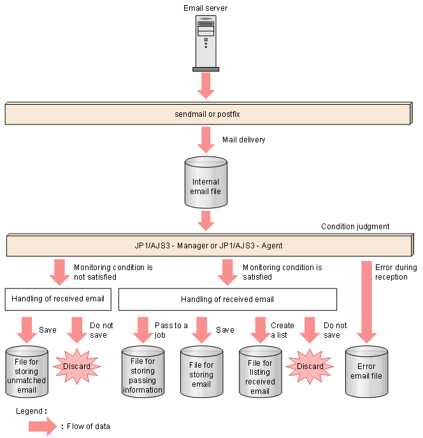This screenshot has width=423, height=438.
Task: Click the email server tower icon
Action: point(206,43)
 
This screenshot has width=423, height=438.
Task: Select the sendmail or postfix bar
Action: point(208,114)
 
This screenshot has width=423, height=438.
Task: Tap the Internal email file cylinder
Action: point(206,182)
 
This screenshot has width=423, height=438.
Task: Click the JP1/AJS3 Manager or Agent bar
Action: point(210,245)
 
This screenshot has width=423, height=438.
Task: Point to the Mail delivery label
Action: point(243,140)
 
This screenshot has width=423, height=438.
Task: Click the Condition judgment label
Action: point(355,226)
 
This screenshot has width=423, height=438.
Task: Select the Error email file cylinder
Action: point(366,371)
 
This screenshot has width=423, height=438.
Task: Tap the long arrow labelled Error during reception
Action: point(366,302)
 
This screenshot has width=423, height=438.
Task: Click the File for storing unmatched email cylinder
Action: point(27,371)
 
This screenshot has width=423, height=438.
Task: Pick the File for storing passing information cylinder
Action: point(143,371)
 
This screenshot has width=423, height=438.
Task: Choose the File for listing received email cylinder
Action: point(261,371)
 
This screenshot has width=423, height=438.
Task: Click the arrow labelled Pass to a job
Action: point(143,330)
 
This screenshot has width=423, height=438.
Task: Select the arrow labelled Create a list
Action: point(261,330)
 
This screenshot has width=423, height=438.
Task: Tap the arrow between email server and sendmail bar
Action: point(206,86)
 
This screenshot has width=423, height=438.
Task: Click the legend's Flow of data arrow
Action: point(43,427)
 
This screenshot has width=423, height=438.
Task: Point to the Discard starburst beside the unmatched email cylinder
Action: point(76,366)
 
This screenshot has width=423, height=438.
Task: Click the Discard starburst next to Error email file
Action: point(310,366)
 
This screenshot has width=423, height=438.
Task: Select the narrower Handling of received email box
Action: point(58,299)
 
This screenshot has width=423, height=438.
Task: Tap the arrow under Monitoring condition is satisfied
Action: point(227,273)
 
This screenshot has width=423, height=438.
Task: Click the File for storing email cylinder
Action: point(201,371)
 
